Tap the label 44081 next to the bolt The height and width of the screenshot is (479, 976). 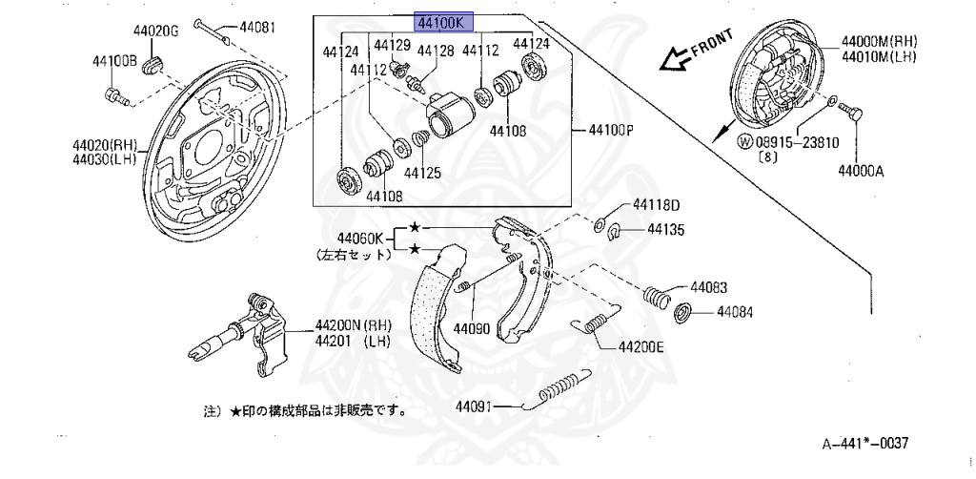pos(256,27)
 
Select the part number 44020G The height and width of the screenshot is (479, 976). pos(156,31)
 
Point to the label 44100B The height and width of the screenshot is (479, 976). pos(115,62)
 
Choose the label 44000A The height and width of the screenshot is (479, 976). pos(862,172)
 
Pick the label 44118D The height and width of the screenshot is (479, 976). pos(657,204)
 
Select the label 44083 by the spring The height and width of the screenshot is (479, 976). pos(710,286)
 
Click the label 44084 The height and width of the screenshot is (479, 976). pos(735,311)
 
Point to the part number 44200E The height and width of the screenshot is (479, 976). pos(640,347)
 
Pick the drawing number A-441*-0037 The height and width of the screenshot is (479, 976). pos(865,444)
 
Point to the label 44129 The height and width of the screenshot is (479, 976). pos(392,45)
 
